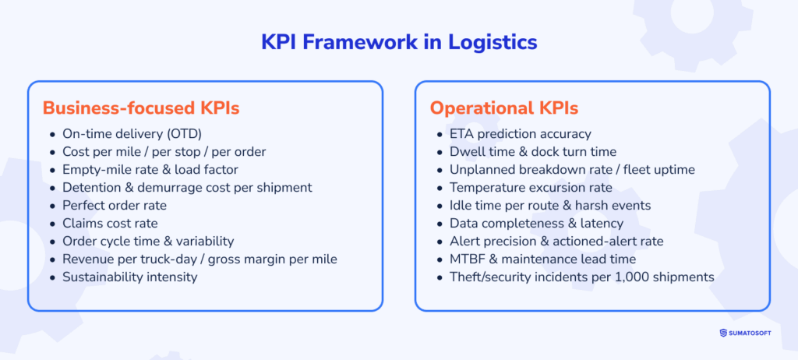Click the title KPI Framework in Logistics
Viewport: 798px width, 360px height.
pyautogui.click(x=399, y=42)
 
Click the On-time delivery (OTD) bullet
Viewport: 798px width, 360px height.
pyautogui.click(x=132, y=134)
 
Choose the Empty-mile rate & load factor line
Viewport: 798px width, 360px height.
pyautogui.click(x=150, y=170)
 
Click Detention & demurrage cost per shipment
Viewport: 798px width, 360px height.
pyautogui.click(x=186, y=188)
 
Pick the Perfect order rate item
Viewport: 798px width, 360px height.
pyautogui.click(x=114, y=206)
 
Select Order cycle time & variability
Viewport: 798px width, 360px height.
pyautogui.click(x=147, y=242)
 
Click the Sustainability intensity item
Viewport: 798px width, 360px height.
pyautogui.click(x=129, y=277)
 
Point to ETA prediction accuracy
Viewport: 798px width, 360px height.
pyautogui.click(x=520, y=134)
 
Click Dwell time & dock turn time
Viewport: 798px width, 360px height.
pyautogui.click(x=532, y=152)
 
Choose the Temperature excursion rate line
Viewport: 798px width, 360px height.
pyautogui.click(x=531, y=188)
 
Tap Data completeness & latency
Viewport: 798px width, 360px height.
pyautogui.click(x=525, y=224)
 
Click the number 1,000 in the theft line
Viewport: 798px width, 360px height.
pyautogui.click(x=632, y=277)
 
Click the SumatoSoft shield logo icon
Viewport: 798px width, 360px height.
pyautogui.click(x=724, y=334)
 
